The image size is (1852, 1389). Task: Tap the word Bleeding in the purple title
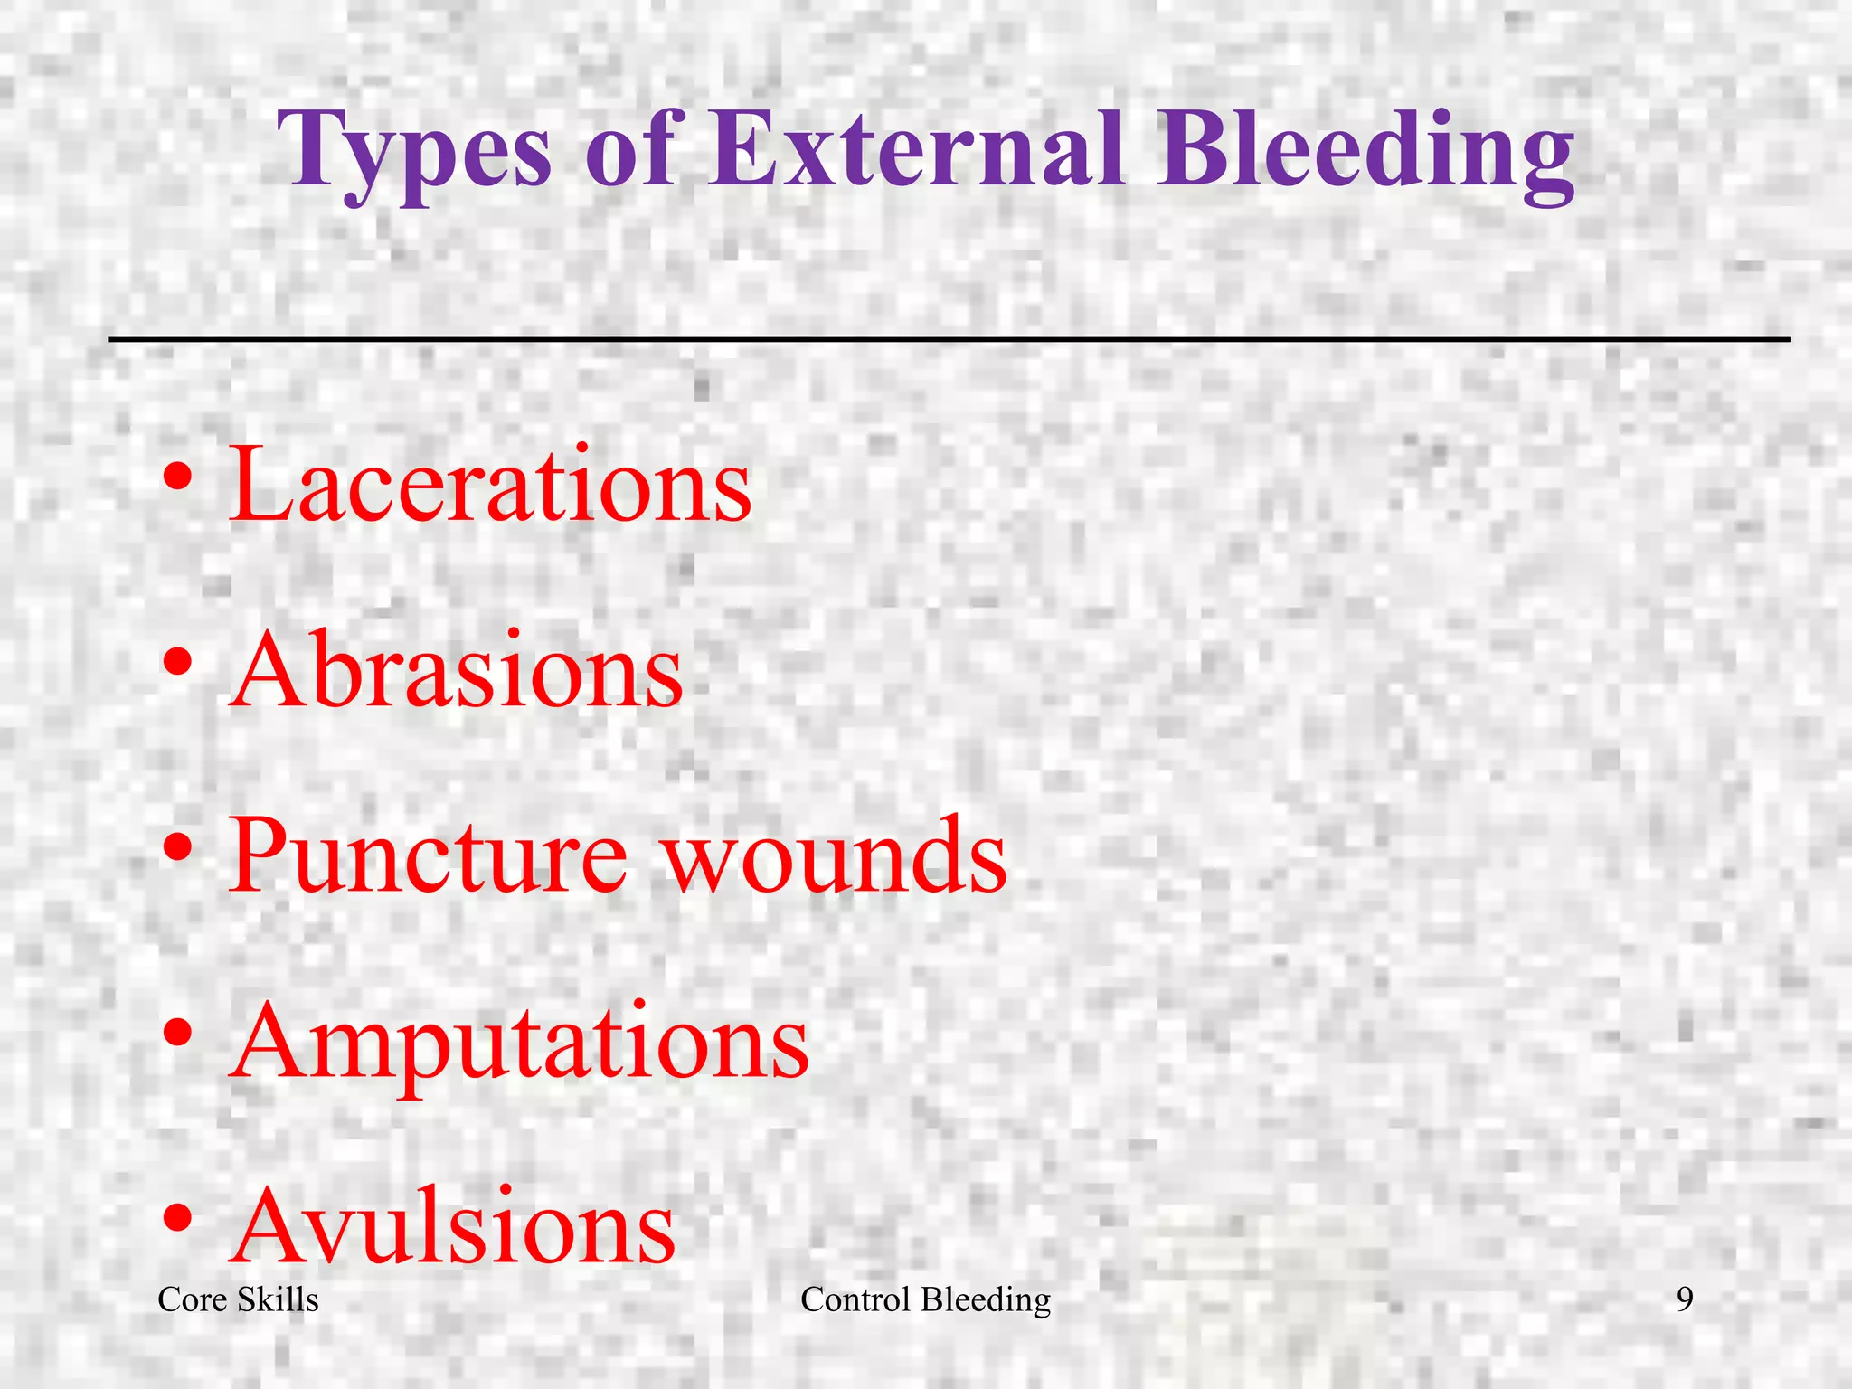(1366, 149)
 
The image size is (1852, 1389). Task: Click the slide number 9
(1685, 1299)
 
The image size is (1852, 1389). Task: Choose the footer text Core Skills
(238, 1299)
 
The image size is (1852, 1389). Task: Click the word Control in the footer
(855, 1299)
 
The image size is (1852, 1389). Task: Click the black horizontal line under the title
(949, 339)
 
